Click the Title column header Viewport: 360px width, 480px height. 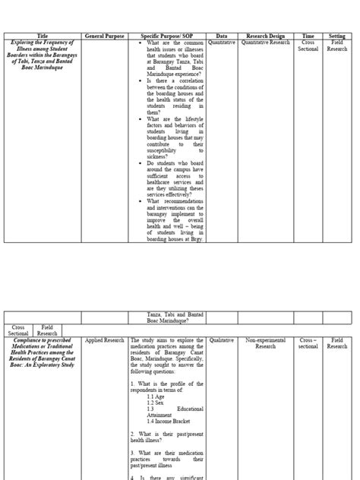(42, 36)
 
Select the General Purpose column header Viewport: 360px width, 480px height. (105, 36)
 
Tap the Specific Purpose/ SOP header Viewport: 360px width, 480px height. (167, 36)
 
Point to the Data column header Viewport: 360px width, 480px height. (222, 36)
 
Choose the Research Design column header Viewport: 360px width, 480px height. (265, 36)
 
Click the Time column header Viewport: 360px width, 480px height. (308, 36)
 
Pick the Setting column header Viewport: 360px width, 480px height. (336, 36)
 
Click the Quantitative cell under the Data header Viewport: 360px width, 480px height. (222, 43)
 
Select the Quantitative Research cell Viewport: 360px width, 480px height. (265, 43)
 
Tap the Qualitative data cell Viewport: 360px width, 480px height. (222, 341)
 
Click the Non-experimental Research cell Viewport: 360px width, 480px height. (265, 344)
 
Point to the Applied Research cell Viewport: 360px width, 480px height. (104, 341)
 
